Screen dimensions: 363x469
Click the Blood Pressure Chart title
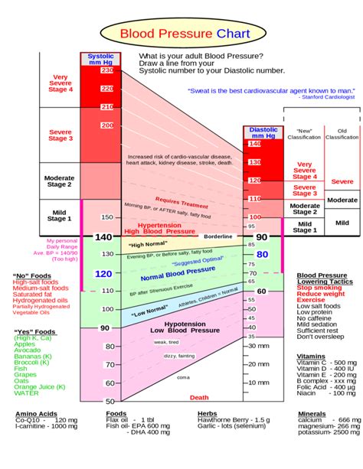pos(181,34)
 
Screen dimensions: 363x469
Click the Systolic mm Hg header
pos(100,60)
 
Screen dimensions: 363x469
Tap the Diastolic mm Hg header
pos(263,134)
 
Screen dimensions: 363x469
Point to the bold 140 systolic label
pos(103,237)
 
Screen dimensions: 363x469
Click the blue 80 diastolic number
pos(263,254)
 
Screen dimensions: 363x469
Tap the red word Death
pos(199,397)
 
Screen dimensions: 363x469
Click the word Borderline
pos(217,237)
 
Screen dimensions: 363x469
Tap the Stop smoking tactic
pos(320,288)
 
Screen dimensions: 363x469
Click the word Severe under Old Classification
pos(342,181)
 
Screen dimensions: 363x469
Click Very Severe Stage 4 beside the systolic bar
pos(60,83)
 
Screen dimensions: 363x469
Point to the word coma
pos(183,377)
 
